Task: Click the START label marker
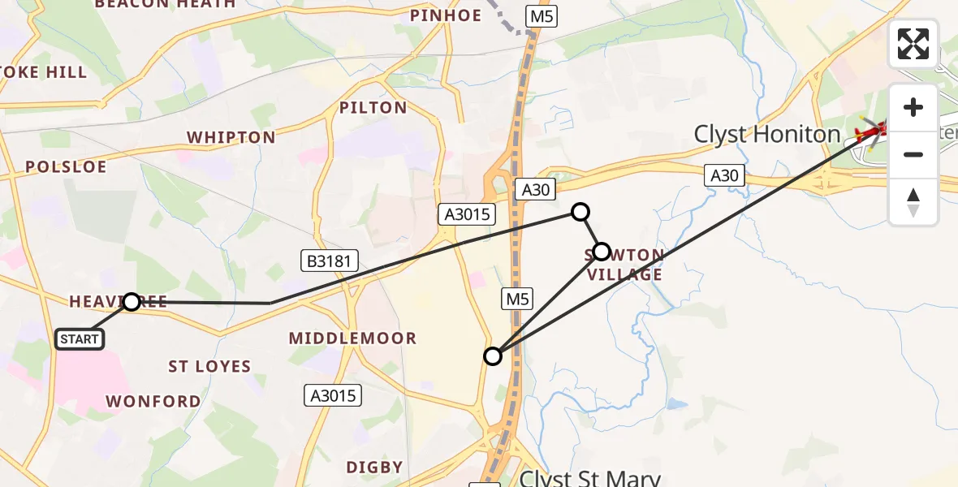(x=80, y=338)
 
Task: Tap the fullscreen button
(x=913, y=44)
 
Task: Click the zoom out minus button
(x=913, y=154)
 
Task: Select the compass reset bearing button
(x=913, y=201)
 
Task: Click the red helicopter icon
(x=873, y=130)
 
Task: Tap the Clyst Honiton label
(x=766, y=135)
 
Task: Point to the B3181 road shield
(x=330, y=261)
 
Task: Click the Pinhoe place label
(x=446, y=15)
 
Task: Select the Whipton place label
(x=232, y=137)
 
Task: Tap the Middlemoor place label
(x=352, y=338)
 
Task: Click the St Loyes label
(x=209, y=366)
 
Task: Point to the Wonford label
(x=153, y=401)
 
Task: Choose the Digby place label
(x=374, y=467)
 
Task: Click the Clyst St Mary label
(x=589, y=478)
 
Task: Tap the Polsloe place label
(x=66, y=167)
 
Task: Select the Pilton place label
(x=373, y=108)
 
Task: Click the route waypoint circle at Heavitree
(x=132, y=302)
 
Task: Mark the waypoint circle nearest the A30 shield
(x=580, y=212)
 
